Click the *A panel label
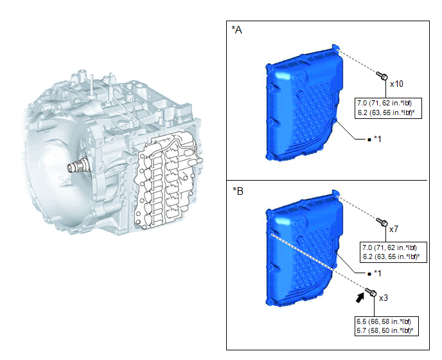click(236, 30)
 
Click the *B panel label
click(238, 191)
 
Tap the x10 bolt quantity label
click(396, 84)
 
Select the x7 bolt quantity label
click(394, 229)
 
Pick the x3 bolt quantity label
click(384, 298)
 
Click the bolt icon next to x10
click(382, 76)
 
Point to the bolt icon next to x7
click(382, 222)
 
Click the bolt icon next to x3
click(371, 292)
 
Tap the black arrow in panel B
click(360, 298)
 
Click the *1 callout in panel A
click(377, 139)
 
